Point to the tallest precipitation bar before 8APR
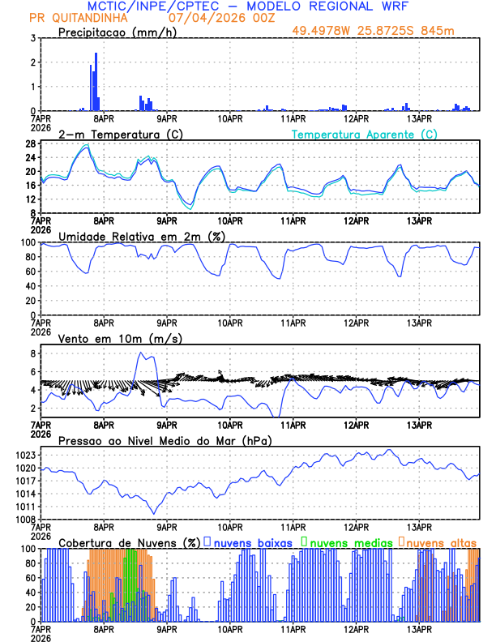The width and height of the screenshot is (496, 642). (x=96, y=81)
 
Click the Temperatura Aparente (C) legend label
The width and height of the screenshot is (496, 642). (x=365, y=134)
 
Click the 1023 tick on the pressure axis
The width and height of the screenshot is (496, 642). (x=24, y=455)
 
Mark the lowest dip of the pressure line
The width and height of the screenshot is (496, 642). (x=153, y=512)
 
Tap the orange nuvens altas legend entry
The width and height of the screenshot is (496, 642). (x=441, y=541)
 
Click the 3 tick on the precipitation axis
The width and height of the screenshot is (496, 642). (x=32, y=38)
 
